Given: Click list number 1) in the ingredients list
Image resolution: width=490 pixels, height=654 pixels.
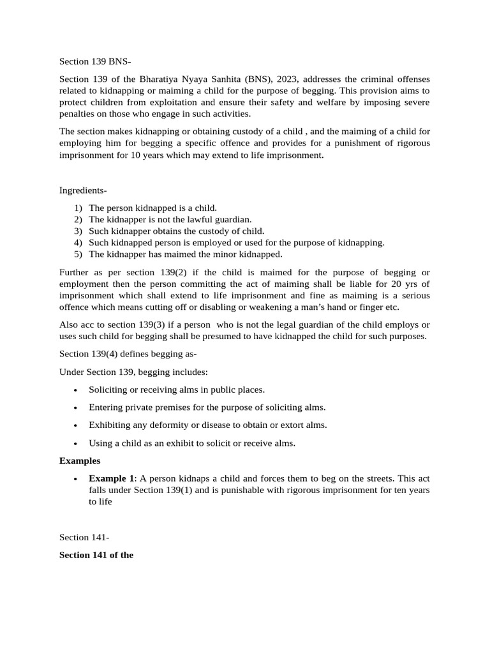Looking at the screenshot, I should point(78,208).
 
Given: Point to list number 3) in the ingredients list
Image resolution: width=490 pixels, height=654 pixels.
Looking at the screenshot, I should point(78,231).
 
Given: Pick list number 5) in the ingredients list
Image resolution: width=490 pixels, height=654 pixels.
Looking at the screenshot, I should point(78,254).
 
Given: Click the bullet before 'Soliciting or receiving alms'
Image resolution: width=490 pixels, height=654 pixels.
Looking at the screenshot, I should point(76,390).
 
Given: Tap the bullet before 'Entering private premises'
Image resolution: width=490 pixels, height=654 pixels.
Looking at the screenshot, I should point(76,407).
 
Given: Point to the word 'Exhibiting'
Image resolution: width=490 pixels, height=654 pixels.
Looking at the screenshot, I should point(109,425).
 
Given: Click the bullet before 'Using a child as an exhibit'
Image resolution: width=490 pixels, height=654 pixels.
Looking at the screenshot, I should point(76,443).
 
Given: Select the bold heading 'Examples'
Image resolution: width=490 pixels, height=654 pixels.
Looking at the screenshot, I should point(80,460).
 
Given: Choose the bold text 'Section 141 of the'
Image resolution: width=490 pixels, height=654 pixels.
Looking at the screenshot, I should point(96,555).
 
